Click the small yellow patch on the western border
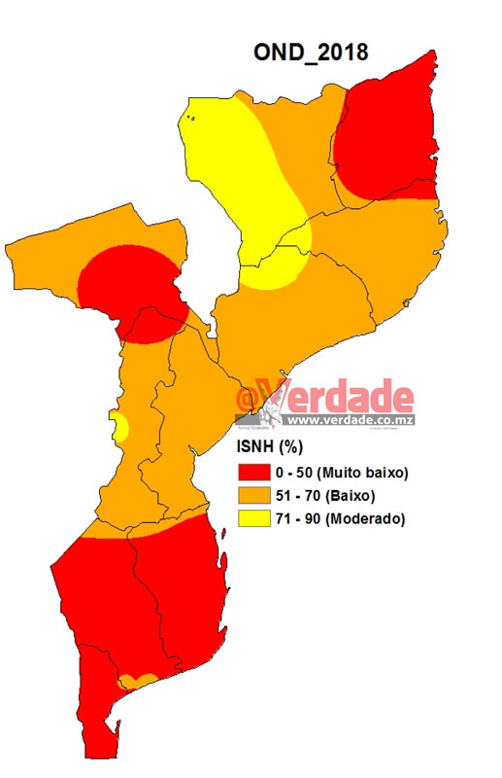pyautogui.click(x=120, y=426)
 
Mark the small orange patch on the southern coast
pyautogui.click(x=137, y=680)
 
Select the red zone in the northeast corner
pyautogui.click(x=388, y=136)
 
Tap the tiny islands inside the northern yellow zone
pyautogui.click(x=191, y=119)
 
